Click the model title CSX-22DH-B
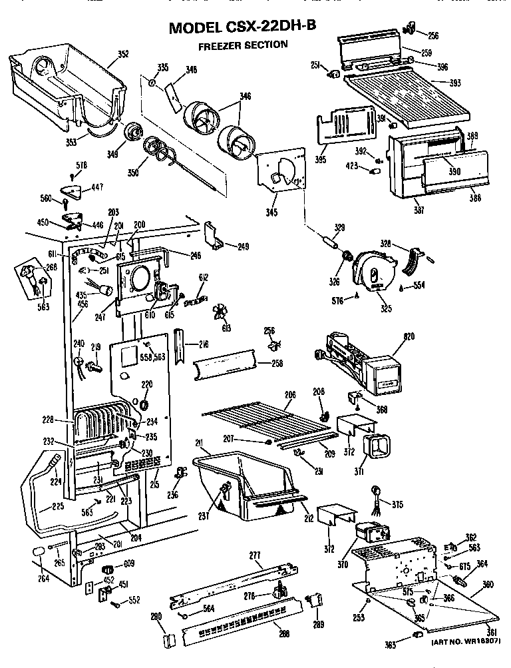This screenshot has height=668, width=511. [242, 27]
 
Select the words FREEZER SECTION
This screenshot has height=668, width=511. [243, 45]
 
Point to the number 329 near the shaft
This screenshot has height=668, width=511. [339, 228]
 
